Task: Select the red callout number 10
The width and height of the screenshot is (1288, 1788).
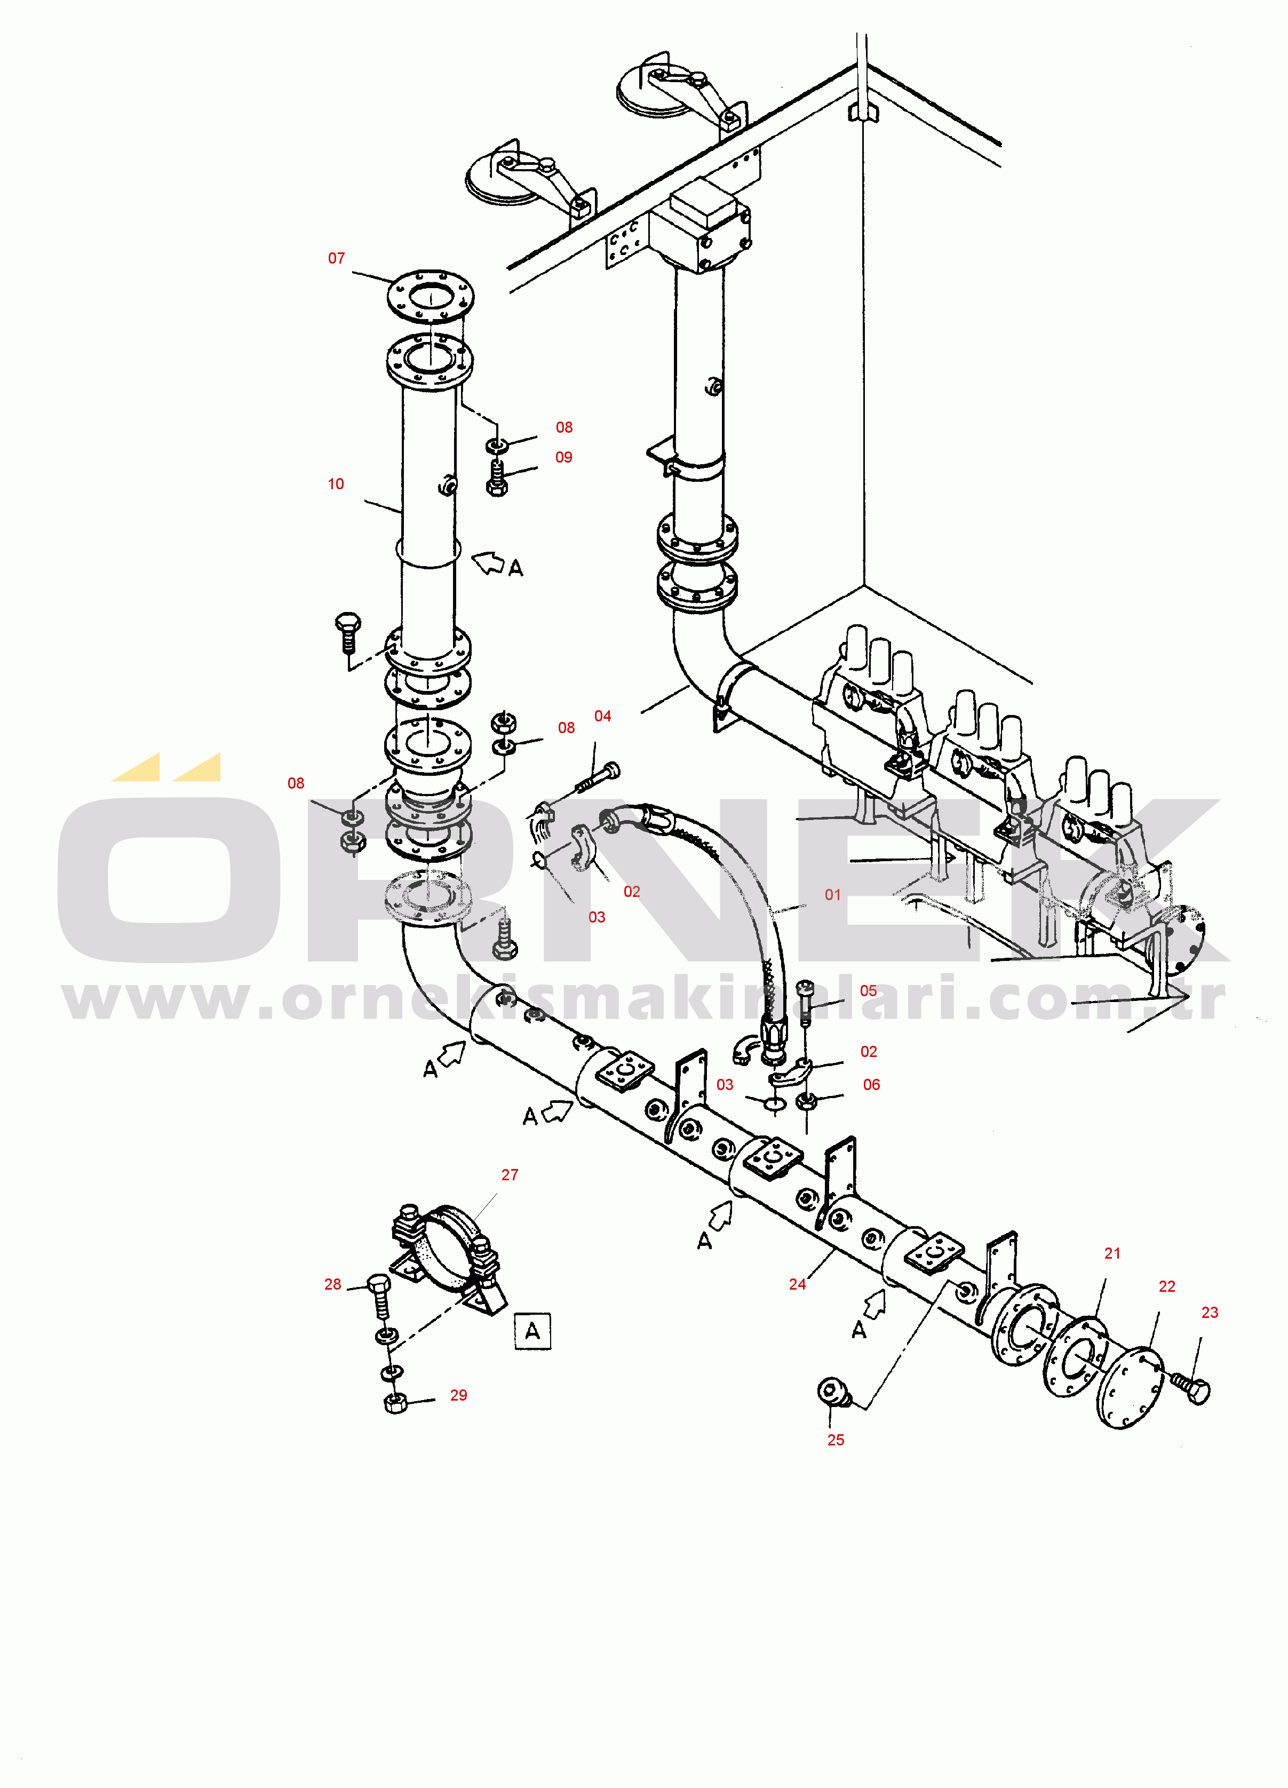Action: point(336,483)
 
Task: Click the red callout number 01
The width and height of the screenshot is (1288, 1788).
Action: point(833,894)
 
